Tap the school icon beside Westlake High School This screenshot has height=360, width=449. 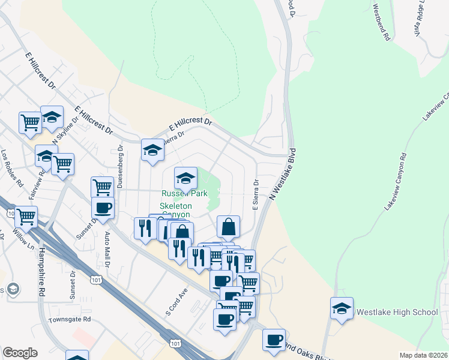pyautogui.click(x=342, y=308)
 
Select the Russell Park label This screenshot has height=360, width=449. pyautogui.click(x=184, y=194)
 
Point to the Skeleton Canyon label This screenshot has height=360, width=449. pyautogui.click(x=175, y=210)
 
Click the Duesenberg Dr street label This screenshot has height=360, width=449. pyautogui.click(x=120, y=166)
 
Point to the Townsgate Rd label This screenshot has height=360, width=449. pyautogui.click(x=70, y=319)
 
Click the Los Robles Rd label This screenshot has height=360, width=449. pyautogui.click(x=12, y=167)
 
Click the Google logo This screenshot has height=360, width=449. pyautogui.click(x=20, y=353)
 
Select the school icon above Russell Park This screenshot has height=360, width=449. pyautogui.click(x=185, y=178)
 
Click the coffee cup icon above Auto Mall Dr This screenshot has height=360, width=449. pyautogui.click(x=103, y=208)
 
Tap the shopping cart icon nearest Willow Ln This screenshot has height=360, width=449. pyautogui.click(x=26, y=217)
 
